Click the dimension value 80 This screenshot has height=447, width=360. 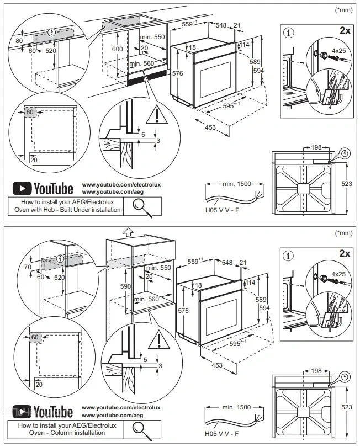click(x=19, y=41)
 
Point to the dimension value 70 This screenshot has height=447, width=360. click(x=28, y=267)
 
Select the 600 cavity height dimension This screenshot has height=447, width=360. click(x=117, y=49)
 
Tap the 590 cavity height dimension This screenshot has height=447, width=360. click(x=125, y=286)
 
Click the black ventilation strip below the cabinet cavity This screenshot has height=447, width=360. click(x=147, y=77)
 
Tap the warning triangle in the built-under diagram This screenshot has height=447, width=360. click(x=157, y=115)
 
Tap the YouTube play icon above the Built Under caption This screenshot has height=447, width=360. click(x=22, y=188)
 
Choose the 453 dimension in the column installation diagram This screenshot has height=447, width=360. click(x=217, y=365)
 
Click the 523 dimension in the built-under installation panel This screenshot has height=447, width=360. click(x=347, y=184)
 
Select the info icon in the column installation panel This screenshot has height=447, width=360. click(x=288, y=256)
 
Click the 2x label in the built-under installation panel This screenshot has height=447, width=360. click(x=345, y=30)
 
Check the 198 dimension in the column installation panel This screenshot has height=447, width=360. click(x=316, y=371)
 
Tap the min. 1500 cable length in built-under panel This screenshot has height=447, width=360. click(x=237, y=184)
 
